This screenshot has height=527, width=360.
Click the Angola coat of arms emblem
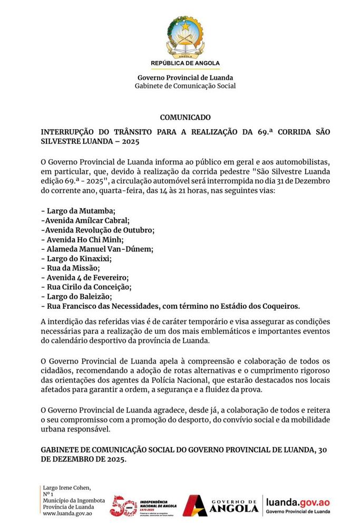[x=185, y=36]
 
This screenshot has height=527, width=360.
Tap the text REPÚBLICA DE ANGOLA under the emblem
[x=185, y=63]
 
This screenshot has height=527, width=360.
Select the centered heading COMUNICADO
[x=185, y=117]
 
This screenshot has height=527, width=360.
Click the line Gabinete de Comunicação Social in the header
[x=185, y=86]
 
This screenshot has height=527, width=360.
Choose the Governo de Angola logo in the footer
[x=221, y=505]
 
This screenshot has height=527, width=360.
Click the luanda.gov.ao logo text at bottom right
[x=298, y=503]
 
